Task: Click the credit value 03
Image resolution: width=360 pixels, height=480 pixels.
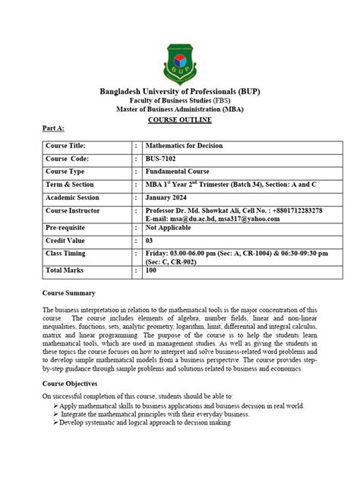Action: (149, 241)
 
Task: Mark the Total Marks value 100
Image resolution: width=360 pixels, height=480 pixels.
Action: (151, 270)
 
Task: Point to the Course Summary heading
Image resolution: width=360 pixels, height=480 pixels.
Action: (69, 293)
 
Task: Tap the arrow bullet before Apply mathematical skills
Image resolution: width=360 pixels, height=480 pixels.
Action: (57, 406)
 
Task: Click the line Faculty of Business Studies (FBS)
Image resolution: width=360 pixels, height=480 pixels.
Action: (180, 101)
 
